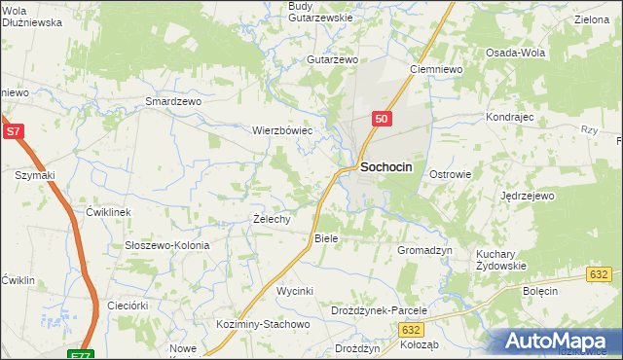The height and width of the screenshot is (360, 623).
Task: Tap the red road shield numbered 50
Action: pyautogui.click(x=381, y=119)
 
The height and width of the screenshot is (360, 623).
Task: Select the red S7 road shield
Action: pyautogui.click(x=13, y=131)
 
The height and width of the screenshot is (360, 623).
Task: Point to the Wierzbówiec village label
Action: pyautogui.click(x=282, y=129)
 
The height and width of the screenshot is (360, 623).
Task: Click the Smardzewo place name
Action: pyautogui.click(x=172, y=101)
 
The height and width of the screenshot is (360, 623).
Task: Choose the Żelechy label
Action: pyautogui.click(x=272, y=219)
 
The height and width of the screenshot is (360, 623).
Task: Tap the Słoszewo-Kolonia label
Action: pyautogui.click(x=167, y=245)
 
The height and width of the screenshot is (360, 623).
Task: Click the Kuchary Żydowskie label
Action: pyautogui.click(x=501, y=260)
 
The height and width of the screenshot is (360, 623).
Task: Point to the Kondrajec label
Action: pyautogui.click(x=512, y=117)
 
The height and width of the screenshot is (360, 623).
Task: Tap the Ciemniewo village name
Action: pyautogui.click(x=435, y=70)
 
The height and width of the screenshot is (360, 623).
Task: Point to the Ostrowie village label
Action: pyautogui.click(x=451, y=175)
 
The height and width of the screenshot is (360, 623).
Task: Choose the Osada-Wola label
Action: pyautogui.click(x=515, y=54)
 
